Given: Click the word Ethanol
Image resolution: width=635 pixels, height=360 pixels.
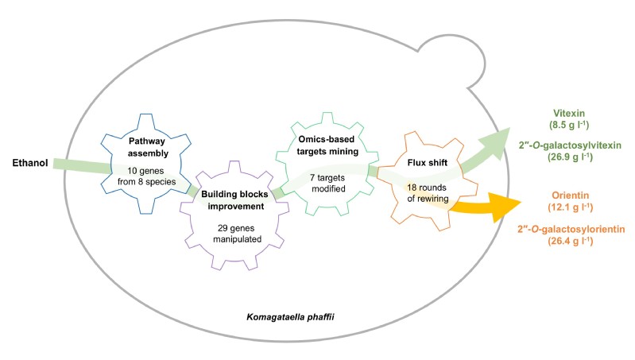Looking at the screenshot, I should (32, 164).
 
